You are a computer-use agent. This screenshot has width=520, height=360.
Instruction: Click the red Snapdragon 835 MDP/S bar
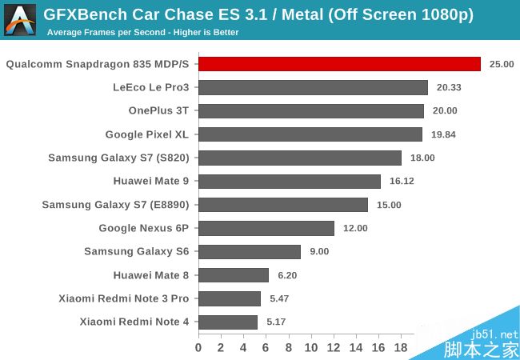pyautogui.click(x=339, y=64)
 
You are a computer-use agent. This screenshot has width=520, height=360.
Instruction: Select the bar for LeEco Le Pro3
pyautogui.click(x=313, y=87)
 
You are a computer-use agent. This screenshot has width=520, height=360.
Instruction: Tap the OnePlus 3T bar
pyautogui.click(x=311, y=111)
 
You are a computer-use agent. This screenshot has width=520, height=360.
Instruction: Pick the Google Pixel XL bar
pyautogui.click(x=310, y=134)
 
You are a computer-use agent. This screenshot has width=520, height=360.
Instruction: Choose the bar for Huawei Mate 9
pyautogui.click(x=290, y=181)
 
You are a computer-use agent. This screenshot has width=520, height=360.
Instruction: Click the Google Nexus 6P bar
pyautogui.click(x=266, y=228)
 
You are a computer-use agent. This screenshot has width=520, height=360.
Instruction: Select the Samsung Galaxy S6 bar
pyautogui.click(x=250, y=251)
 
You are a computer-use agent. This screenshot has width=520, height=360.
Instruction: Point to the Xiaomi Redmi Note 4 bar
pyautogui.click(x=228, y=322)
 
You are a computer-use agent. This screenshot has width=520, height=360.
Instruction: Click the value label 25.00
pyautogui.click(x=502, y=64)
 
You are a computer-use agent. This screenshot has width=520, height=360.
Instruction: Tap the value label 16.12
pyautogui.click(x=402, y=181)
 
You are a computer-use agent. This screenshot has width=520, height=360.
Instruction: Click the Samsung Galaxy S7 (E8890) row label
pyautogui.click(x=116, y=205)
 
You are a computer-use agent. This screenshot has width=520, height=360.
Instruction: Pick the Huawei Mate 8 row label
pyautogui.click(x=152, y=275)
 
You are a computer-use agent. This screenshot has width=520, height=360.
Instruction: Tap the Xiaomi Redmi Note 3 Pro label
pyautogui.click(x=124, y=298)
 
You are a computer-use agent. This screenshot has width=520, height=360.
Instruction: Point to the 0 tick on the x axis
pyautogui.click(x=198, y=347)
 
